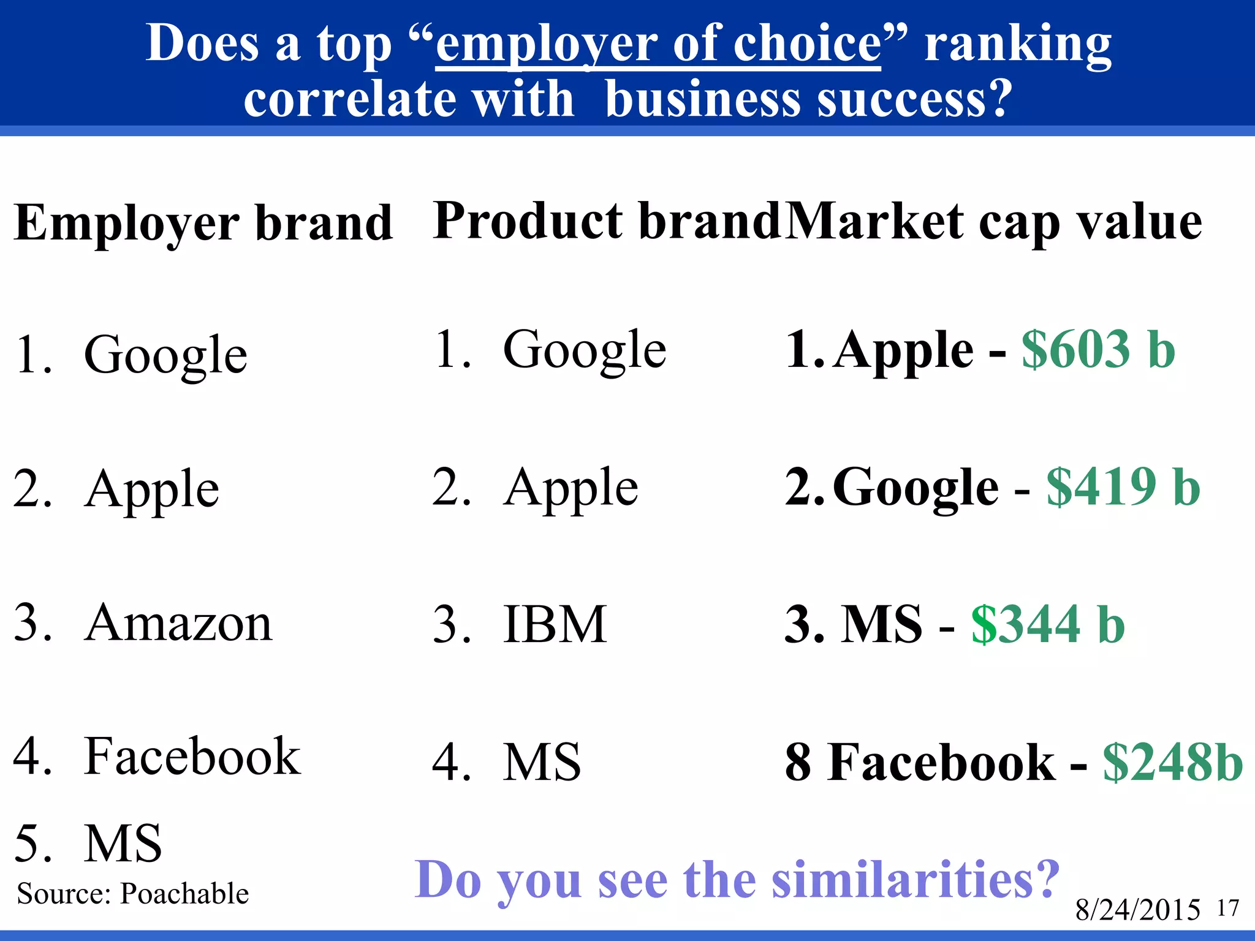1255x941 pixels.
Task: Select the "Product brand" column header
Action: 606,221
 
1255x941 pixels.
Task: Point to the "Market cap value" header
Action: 993,222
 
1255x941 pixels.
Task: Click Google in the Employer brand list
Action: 165,355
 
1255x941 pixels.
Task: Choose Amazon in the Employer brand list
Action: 178,622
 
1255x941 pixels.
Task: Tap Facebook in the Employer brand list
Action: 192,757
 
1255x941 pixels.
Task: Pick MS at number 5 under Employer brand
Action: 123,843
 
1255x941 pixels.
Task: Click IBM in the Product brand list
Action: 555,624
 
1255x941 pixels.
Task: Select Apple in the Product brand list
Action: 571,488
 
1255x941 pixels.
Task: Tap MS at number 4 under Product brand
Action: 542,761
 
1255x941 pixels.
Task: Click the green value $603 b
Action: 1098,349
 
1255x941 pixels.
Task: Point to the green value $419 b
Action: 1123,487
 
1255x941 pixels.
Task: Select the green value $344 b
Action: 1048,624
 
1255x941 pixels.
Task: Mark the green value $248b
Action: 1172,762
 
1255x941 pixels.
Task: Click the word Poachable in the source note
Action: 184,894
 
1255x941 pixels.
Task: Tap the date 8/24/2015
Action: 1137,910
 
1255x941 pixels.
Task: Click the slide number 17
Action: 1228,908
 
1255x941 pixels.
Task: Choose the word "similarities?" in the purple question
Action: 915,880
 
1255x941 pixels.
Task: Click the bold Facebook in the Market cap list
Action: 941,762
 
